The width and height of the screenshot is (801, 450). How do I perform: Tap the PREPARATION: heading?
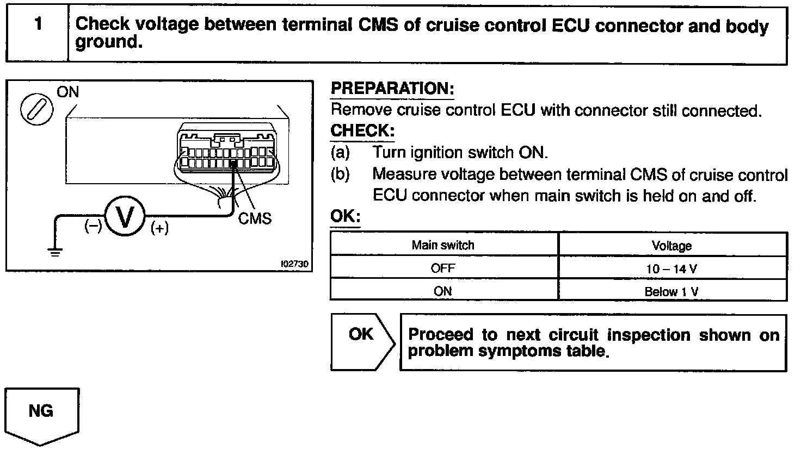(x=392, y=89)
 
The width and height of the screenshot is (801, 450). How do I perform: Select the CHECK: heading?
(x=362, y=131)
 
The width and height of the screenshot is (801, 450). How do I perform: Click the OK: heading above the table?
(x=345, y=216)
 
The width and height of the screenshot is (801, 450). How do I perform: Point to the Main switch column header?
(x=443, y=245)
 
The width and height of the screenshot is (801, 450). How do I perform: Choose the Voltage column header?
(x=671, y=246)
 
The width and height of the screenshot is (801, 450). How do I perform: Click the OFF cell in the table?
(x=443, y=268)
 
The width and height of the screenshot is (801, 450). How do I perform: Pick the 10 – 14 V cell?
(x=671, y=268)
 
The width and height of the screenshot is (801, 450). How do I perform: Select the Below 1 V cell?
(x=671, y=291)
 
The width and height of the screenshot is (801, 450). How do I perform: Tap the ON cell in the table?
(x=443, y=291)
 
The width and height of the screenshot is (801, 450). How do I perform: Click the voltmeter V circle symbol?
(x=124, y=218)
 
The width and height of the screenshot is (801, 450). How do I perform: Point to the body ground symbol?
(x=54, y=251)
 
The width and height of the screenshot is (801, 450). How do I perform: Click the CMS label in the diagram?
(x=255, y=218)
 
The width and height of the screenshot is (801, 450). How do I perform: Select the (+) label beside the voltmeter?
(x=159, y=228)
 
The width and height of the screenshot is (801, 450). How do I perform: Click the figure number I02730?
(x=294, y=264)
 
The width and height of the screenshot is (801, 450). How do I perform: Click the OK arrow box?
(x=362, y=341)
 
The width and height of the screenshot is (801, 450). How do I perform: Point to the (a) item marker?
(x=340, y=153)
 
